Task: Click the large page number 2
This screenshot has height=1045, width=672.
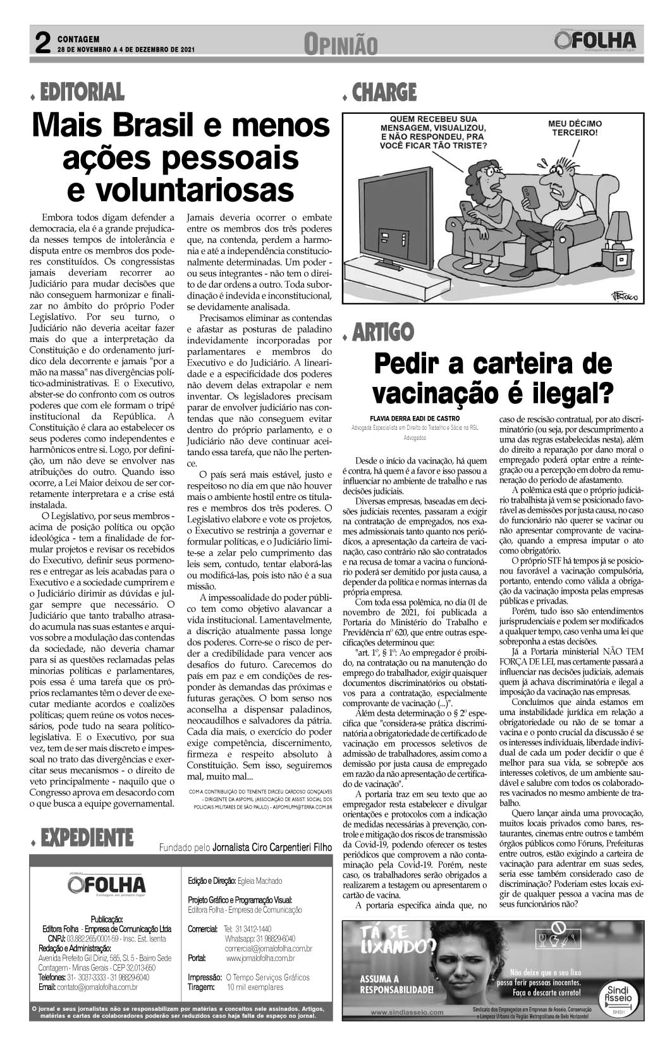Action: click(x=42, y=44)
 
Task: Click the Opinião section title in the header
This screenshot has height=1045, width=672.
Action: click(x=340, y=44)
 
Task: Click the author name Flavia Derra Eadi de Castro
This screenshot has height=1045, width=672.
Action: click(x=415, y=418)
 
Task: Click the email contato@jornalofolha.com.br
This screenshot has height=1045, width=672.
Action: click(x=89, y=987)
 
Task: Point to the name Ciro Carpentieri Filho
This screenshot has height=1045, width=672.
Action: click(x=272, y=848)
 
